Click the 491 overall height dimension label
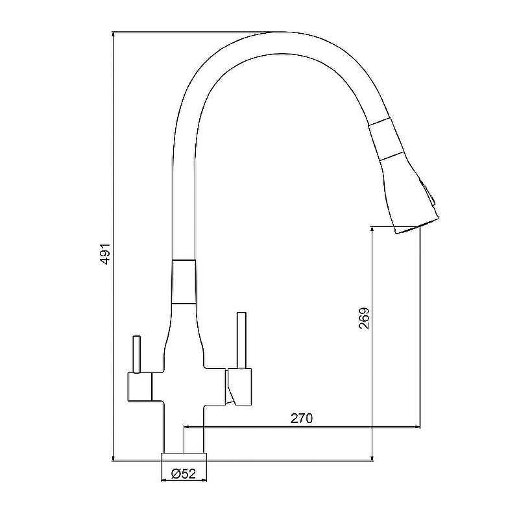point(104,254)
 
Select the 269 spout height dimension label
point(364,319)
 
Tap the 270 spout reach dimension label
point(302,418)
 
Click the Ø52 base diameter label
point(184,474)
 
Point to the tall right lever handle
point(241,340)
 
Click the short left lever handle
point(136,354)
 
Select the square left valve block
point(139,387)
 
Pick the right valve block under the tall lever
point(238,386)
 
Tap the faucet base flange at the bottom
point(184,457)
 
